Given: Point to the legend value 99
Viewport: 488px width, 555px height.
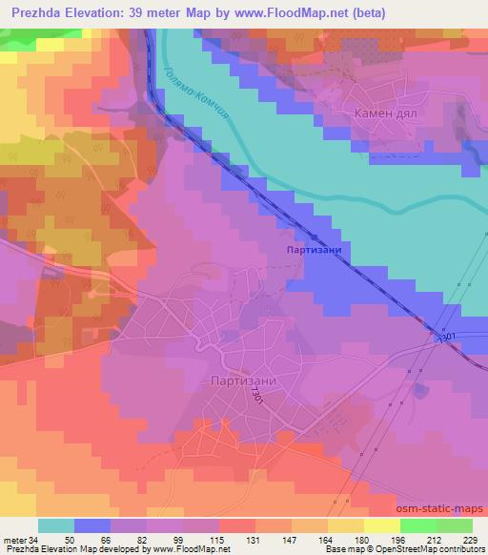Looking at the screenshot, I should click(x=181, y=540).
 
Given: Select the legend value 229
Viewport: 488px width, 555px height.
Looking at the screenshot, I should click(x=469, y=540).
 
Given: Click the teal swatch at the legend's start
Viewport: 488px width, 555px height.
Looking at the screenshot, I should click(x=56, y=525).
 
